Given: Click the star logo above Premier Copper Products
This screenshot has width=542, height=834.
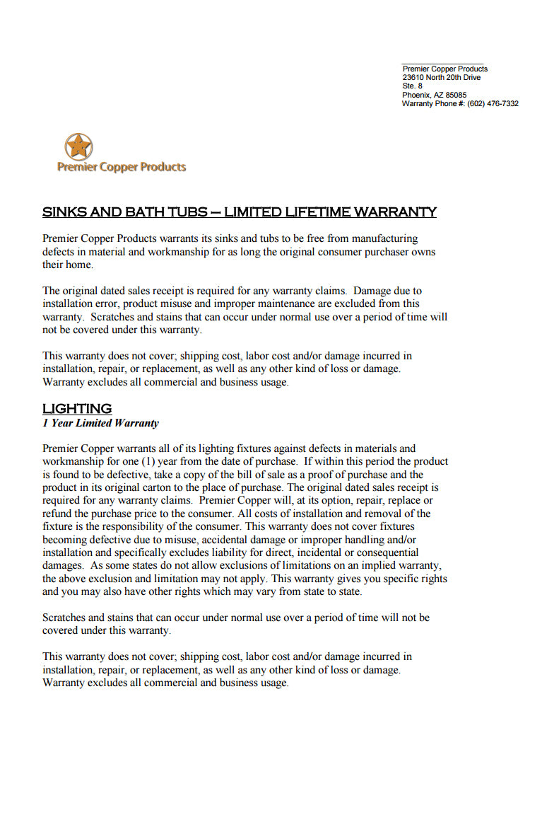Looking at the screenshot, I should coord(78,146).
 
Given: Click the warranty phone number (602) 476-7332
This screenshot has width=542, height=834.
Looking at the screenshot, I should coord(493,103).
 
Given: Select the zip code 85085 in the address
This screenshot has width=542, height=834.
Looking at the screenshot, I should coord(455,95).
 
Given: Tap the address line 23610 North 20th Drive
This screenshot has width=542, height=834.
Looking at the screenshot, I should coord(441,77).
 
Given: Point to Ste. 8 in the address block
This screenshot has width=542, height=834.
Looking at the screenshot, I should coord(412,86).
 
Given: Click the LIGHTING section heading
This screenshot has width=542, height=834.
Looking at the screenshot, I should coord(77,408).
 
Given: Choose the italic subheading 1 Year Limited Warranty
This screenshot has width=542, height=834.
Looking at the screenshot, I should coord(100,423).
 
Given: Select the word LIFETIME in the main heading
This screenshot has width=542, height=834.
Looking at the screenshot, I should coord(315,212).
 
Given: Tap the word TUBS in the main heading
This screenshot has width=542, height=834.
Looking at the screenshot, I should coord(187,212).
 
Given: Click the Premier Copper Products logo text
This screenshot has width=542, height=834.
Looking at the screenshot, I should coord(122,167).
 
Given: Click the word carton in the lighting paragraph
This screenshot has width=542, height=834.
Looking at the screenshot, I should coord(183,487).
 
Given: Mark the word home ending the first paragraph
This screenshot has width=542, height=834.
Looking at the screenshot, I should coord(80,265).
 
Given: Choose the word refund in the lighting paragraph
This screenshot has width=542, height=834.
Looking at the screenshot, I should coord(57,514).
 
